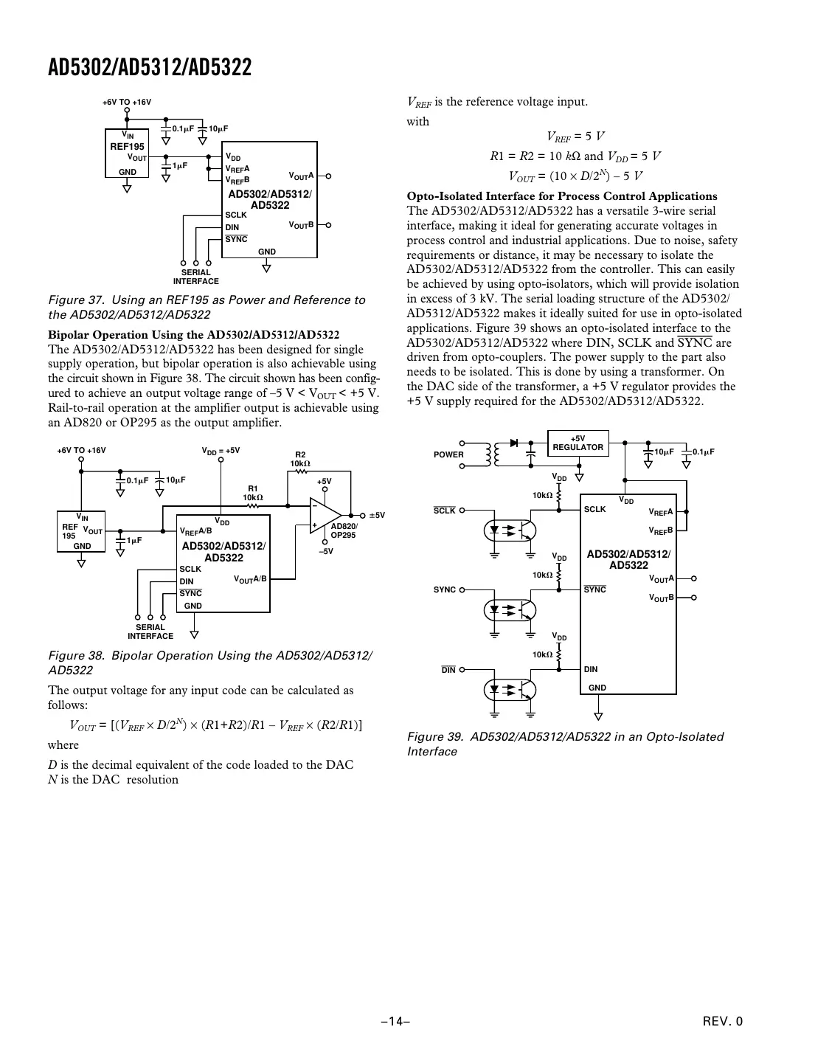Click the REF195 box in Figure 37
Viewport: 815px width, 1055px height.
coord(128,153)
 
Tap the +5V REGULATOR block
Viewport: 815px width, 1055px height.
coord(578,443)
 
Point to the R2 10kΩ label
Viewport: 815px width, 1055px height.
coord(301,459)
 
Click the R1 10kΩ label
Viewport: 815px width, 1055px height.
coord(253,493)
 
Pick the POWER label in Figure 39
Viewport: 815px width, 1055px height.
coord(448,454)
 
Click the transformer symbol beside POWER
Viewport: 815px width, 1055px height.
coord(491,454)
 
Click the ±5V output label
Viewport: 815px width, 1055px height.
coord(377,516)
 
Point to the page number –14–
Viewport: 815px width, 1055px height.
coord(395,1022)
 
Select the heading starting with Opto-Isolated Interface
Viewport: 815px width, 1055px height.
coord(562,196)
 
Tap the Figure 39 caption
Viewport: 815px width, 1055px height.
coord(565,744)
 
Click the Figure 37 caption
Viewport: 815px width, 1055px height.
coord(207,307)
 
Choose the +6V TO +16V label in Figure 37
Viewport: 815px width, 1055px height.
coord(127,103)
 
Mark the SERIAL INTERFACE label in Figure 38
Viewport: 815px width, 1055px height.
coord(150,632)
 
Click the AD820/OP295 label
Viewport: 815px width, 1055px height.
coord(344,530)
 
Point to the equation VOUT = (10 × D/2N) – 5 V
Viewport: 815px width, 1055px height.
coord(575,176)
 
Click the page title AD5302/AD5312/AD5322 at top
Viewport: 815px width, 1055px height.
coord(150,68)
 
